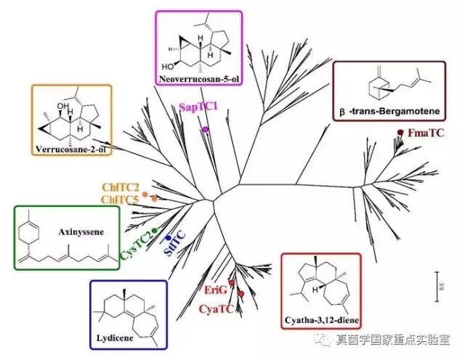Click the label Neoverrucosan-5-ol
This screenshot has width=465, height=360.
[198, 75]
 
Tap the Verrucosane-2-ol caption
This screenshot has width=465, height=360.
[70, 150]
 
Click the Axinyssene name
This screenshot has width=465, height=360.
[79, 232]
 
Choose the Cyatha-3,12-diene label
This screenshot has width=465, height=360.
[319, 319]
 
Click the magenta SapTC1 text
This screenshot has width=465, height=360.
[198, 106]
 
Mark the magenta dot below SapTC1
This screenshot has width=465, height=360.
[206, 129]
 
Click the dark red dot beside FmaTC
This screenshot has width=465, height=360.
[400, 131]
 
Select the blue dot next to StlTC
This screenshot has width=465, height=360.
[168, 237]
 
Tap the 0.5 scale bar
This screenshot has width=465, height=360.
[437, 280]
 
